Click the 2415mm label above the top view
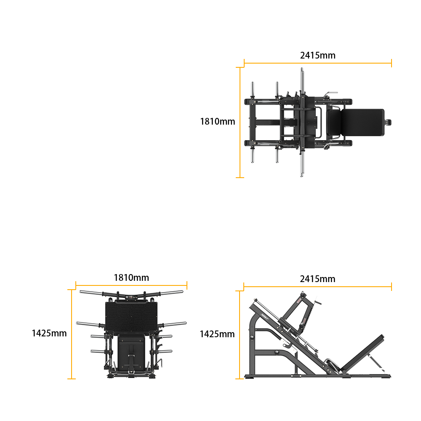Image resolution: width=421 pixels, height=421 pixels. (317, 55)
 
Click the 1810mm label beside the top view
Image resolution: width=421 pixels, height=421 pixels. (218, 121)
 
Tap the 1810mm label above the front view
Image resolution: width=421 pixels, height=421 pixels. (131, 277)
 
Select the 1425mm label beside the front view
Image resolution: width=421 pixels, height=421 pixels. (49, 333)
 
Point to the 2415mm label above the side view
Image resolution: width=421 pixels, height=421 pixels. (317, 279)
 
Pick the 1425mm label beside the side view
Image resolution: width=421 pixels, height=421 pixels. (217, 334)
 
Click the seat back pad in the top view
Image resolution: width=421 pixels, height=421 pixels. (362, 123)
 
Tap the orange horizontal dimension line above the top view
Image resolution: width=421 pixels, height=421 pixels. (317, 64)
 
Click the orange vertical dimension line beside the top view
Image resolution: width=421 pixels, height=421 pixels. (240, 123)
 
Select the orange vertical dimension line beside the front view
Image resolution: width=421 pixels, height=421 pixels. (72, 334)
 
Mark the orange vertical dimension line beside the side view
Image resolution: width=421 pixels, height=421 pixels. (240, 335)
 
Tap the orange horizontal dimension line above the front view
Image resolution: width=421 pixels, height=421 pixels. (131, 285)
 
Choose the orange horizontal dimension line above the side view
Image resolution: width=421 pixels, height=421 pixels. (317, 287)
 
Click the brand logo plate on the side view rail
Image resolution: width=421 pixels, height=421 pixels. (265, 317)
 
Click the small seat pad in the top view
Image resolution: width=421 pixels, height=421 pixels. (335, 123)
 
